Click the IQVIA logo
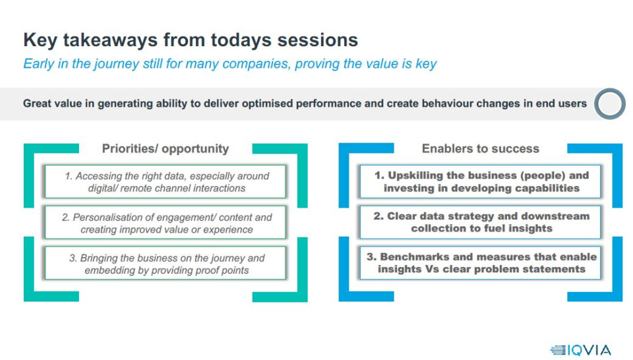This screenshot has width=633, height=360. [x=580, y=349]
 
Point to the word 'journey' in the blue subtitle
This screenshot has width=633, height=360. [x=116, y=64]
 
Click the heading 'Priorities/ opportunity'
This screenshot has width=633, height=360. [x=165, y=148]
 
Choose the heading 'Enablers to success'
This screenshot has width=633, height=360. [x=481, y=148]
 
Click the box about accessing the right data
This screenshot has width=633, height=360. [x=166, y=181]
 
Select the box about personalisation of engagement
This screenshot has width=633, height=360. [x=166, y=223]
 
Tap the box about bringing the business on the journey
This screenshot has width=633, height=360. [x=166, y=264]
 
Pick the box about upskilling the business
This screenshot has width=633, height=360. [x=481, y=181]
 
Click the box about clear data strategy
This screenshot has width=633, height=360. [x=481, y=222]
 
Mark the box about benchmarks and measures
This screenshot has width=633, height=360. [x=481, y=263]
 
